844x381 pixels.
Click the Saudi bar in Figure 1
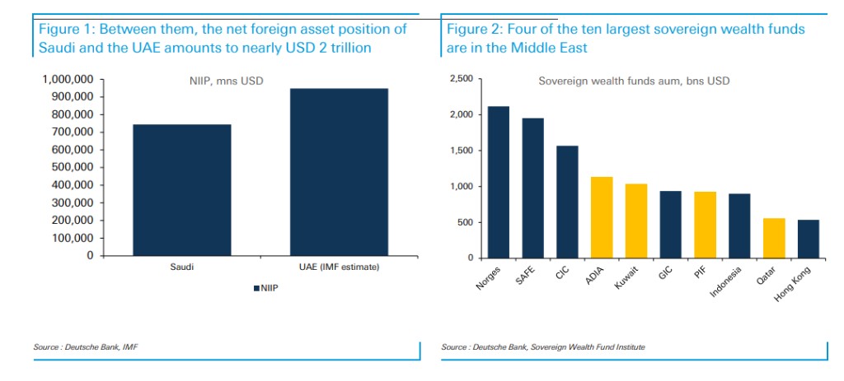[x=181, y=190]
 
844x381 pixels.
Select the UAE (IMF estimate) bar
[x=339, y=172]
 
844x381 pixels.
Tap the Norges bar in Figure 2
[x=499, y=182]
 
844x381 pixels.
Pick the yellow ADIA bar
[x=602, y=217]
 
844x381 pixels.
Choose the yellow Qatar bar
[x=774, y=238]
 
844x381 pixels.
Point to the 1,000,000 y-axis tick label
[x=68, y=79]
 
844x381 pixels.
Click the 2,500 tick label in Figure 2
[x=461, y=79]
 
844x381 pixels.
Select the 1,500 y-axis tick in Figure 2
[x=461, y=151]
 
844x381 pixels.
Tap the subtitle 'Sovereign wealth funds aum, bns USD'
[x=634, y=81]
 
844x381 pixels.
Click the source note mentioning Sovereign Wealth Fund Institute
[x=543, y=347]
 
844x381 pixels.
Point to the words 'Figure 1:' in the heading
[x=66, y=29]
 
